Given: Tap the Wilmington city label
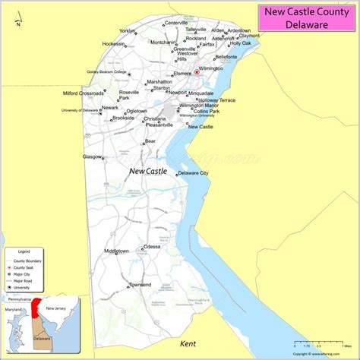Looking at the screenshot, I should pyautogui.click(x=211, y=68).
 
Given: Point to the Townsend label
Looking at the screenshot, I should pyautogui.click(x=140, y=284).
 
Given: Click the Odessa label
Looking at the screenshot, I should pyautogui.click(x=152, y=246).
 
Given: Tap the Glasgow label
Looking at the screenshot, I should pyautogui.click(x=93, y=156).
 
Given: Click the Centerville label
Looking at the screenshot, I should pyautogui.click(x=176, y=23).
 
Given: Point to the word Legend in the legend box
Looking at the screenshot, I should pyautogui.click(x=24, y=251).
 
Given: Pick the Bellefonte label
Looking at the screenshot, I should pyautogui.click(x=226, y=56).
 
